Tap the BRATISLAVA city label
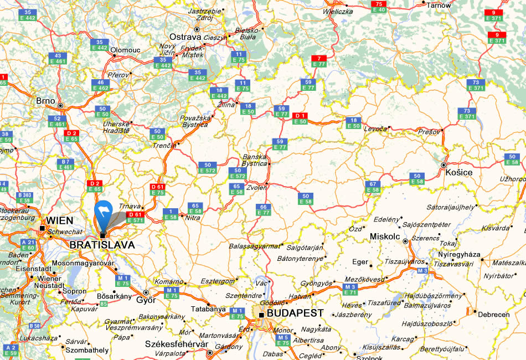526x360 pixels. point(102,244)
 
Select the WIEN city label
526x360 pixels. point(60,220)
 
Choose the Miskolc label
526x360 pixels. point(385,236)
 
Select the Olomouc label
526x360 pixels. point(125,50)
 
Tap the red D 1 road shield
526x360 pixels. point(300,119)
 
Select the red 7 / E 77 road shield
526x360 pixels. point(319,61)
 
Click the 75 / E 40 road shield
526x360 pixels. point(378,7)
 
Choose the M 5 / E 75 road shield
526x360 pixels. point(283,340)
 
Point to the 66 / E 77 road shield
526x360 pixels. point(264,209)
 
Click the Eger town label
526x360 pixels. point(359,262)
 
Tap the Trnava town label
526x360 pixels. point(130,207)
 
